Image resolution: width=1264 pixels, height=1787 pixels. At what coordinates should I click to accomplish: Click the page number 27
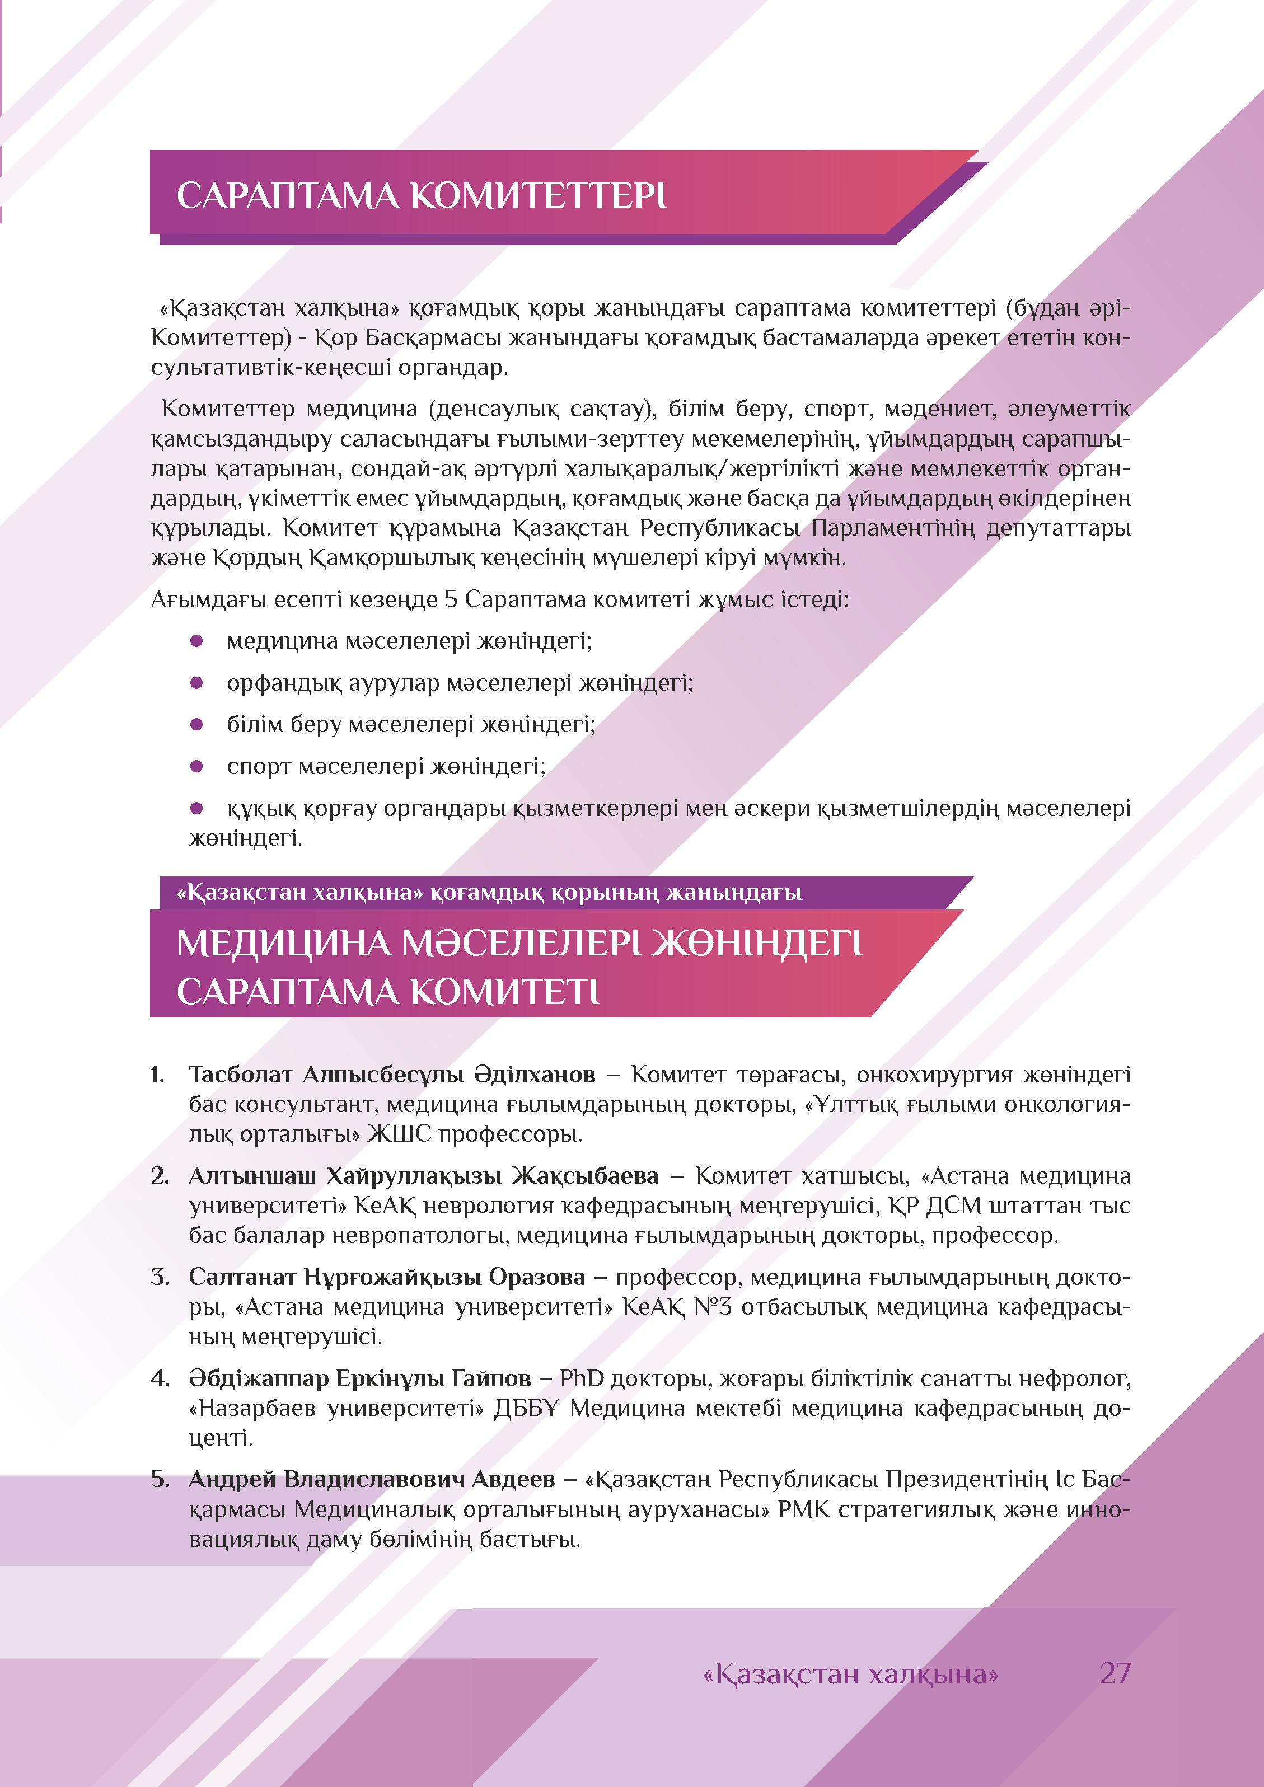1115,1673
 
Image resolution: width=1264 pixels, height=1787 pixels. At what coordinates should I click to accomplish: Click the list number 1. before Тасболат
157,1075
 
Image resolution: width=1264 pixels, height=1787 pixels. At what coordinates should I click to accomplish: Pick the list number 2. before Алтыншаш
160,1176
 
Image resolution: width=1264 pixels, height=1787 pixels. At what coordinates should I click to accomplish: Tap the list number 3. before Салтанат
160,1277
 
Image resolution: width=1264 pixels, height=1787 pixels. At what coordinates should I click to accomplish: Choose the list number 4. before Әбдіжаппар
160,1378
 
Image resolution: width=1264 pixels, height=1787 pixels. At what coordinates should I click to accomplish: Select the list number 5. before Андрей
160,1480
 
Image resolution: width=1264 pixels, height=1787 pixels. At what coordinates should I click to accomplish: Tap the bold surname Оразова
537,1277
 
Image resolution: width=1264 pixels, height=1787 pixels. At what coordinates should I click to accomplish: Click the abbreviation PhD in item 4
582,1378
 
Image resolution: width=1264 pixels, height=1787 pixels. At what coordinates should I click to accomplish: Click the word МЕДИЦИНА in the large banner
283,944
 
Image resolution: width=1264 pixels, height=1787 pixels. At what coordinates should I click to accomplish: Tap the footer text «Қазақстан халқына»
850,1674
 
